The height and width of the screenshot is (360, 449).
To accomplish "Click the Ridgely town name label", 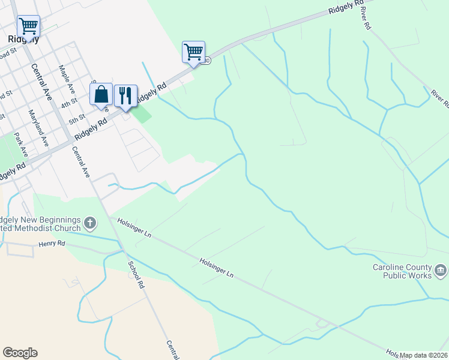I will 24,40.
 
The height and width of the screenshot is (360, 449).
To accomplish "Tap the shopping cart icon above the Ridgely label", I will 28,26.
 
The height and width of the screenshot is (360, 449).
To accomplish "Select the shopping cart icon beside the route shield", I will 193,52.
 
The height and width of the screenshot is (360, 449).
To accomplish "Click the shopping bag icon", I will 101,94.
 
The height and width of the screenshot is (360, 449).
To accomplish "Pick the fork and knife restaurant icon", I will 125,94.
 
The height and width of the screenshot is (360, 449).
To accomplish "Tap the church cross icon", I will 90,224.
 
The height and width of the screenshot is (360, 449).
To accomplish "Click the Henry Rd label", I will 50,244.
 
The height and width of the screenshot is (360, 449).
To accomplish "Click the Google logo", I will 20,353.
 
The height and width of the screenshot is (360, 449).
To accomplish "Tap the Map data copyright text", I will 423,355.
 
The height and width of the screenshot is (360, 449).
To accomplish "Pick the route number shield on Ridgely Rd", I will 207,61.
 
